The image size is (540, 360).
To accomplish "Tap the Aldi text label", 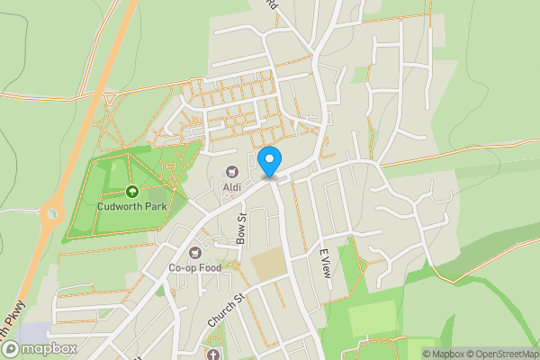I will (x=231, y=186).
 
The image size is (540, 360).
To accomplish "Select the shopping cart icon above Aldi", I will (x=231, y=171).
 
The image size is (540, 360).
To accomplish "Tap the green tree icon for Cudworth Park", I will (x=131, y=191).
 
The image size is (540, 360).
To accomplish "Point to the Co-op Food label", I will (x=195, y=267).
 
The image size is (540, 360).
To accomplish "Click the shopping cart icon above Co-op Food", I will (x=196, y=252).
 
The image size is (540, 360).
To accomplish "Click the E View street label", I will (x=326, y=262).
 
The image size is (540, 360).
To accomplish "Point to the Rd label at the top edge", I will (x=272, y=4).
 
